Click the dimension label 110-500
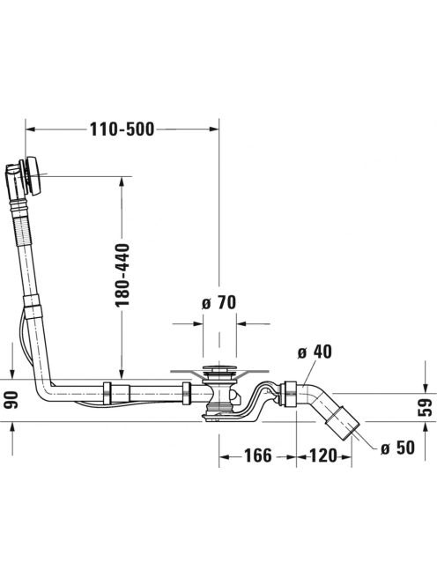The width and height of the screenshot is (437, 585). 122,130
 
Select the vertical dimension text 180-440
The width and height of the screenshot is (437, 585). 122,276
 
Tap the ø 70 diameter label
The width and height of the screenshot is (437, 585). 219,302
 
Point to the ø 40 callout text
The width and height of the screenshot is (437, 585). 315,352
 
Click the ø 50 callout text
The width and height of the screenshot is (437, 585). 397,448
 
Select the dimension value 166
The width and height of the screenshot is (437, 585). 258,455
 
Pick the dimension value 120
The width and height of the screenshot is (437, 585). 323,455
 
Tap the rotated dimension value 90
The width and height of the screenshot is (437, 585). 12,400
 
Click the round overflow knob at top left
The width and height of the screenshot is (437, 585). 34,175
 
